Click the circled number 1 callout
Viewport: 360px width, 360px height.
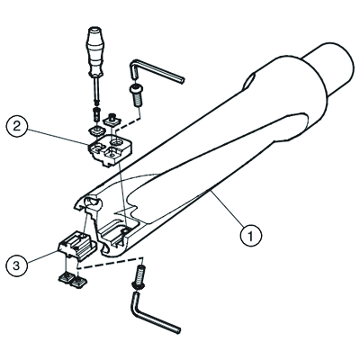click(251, 235)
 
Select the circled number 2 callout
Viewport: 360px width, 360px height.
click(16, 126)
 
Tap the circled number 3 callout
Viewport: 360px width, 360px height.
click(16, 265)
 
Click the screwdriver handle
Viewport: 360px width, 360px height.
click(94, 51)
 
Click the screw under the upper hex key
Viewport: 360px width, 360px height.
click(136, 94)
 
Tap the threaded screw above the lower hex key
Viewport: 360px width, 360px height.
click(139, 277)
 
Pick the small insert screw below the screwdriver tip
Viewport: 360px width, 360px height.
click(95, 114)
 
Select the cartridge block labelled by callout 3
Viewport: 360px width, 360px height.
click(76, 245)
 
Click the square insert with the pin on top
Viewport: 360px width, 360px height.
click(112, 120)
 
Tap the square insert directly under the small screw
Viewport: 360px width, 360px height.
click(95, 130)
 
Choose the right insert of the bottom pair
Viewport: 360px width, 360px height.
click(79, 282)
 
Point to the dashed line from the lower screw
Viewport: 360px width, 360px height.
click(111, 263)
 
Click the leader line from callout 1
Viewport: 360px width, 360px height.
click(227, 207)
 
